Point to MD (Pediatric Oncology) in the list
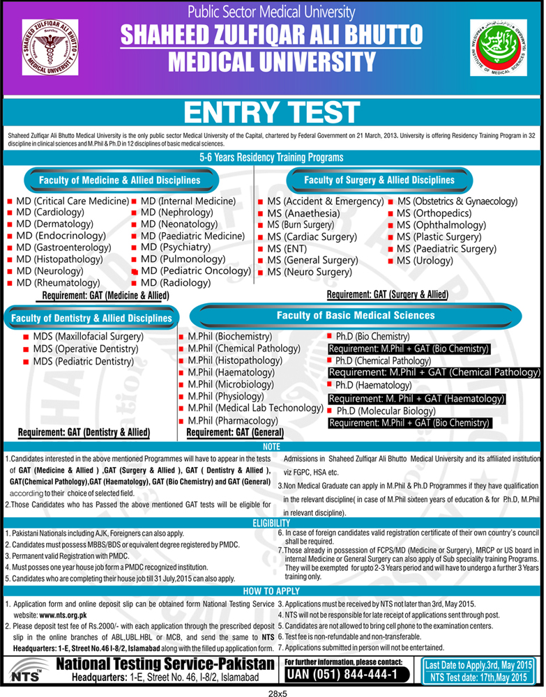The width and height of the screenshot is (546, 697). (196, 270)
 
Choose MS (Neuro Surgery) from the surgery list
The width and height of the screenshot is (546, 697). (307, 272)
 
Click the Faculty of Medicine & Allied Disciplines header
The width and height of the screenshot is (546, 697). (120, 181)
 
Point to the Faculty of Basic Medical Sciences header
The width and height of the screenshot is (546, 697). (356, 316)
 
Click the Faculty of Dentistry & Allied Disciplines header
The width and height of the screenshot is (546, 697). (92, 319)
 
